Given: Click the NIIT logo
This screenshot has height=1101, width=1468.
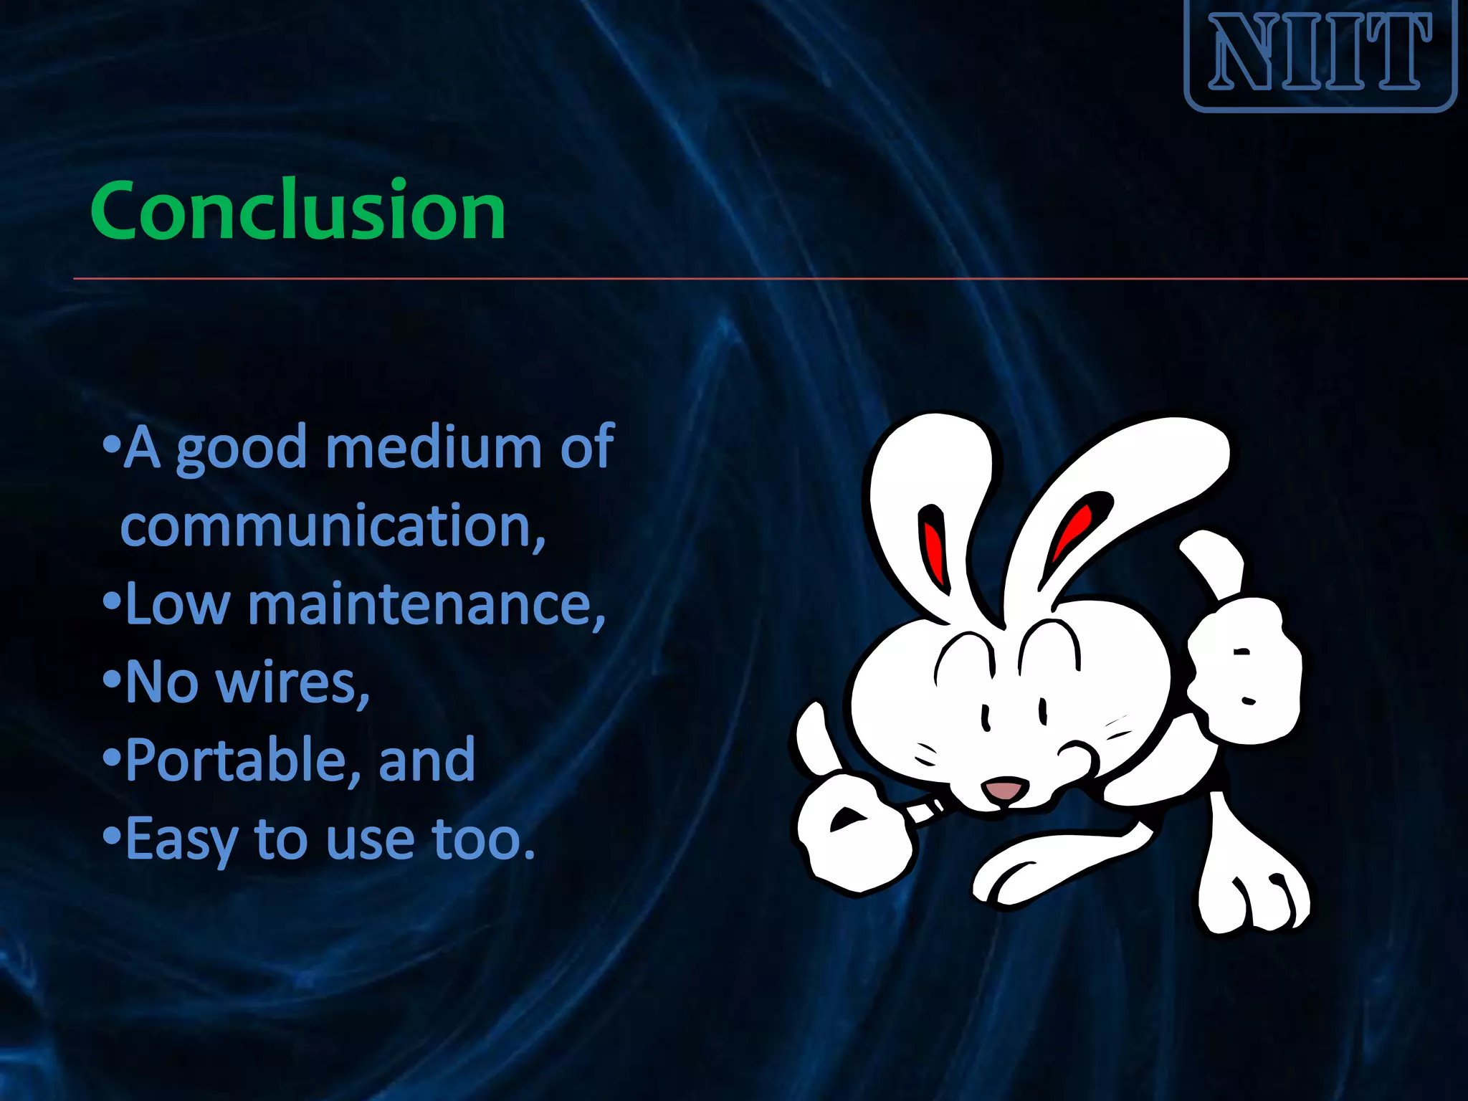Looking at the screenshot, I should click(x=1320, y=54).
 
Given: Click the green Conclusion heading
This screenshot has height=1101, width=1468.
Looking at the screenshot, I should click(x=298, y=210).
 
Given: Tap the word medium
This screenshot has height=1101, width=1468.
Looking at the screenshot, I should click(x=433, y=448).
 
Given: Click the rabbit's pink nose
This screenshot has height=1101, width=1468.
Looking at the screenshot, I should click(x=1006, y=789).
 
